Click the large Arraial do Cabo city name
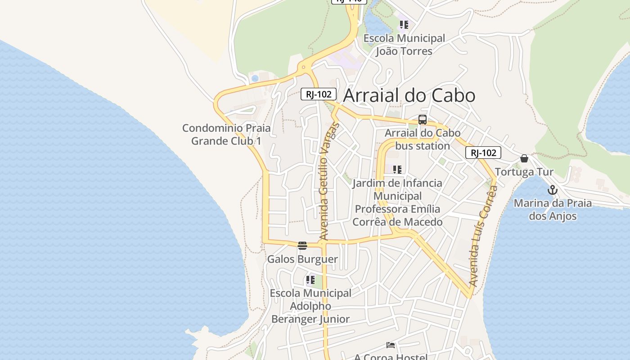[x=409, y=95]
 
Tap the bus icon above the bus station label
[x=423, y=120]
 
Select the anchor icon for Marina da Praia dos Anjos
[x=553, y=190]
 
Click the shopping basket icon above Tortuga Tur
[x=524, y=158]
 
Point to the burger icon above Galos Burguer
[x=302, y=246]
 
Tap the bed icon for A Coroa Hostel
[x=391, y=345]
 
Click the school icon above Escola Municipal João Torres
[x=404, y=25]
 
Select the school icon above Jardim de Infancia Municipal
[x=397, y=170]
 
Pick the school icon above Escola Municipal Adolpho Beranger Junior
[x=310, y=280]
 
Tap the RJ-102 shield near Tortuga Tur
[x=483, y=153]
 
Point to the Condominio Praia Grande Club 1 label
[x=226, y=134]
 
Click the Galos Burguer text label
[x=302, y=259]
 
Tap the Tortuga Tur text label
[x=524, y=172]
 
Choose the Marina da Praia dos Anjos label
[x=553, y=209]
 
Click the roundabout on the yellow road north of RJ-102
[x=304, y=68]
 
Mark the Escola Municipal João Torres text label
[x=404, y=45]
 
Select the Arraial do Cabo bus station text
[x=423, y=139]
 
